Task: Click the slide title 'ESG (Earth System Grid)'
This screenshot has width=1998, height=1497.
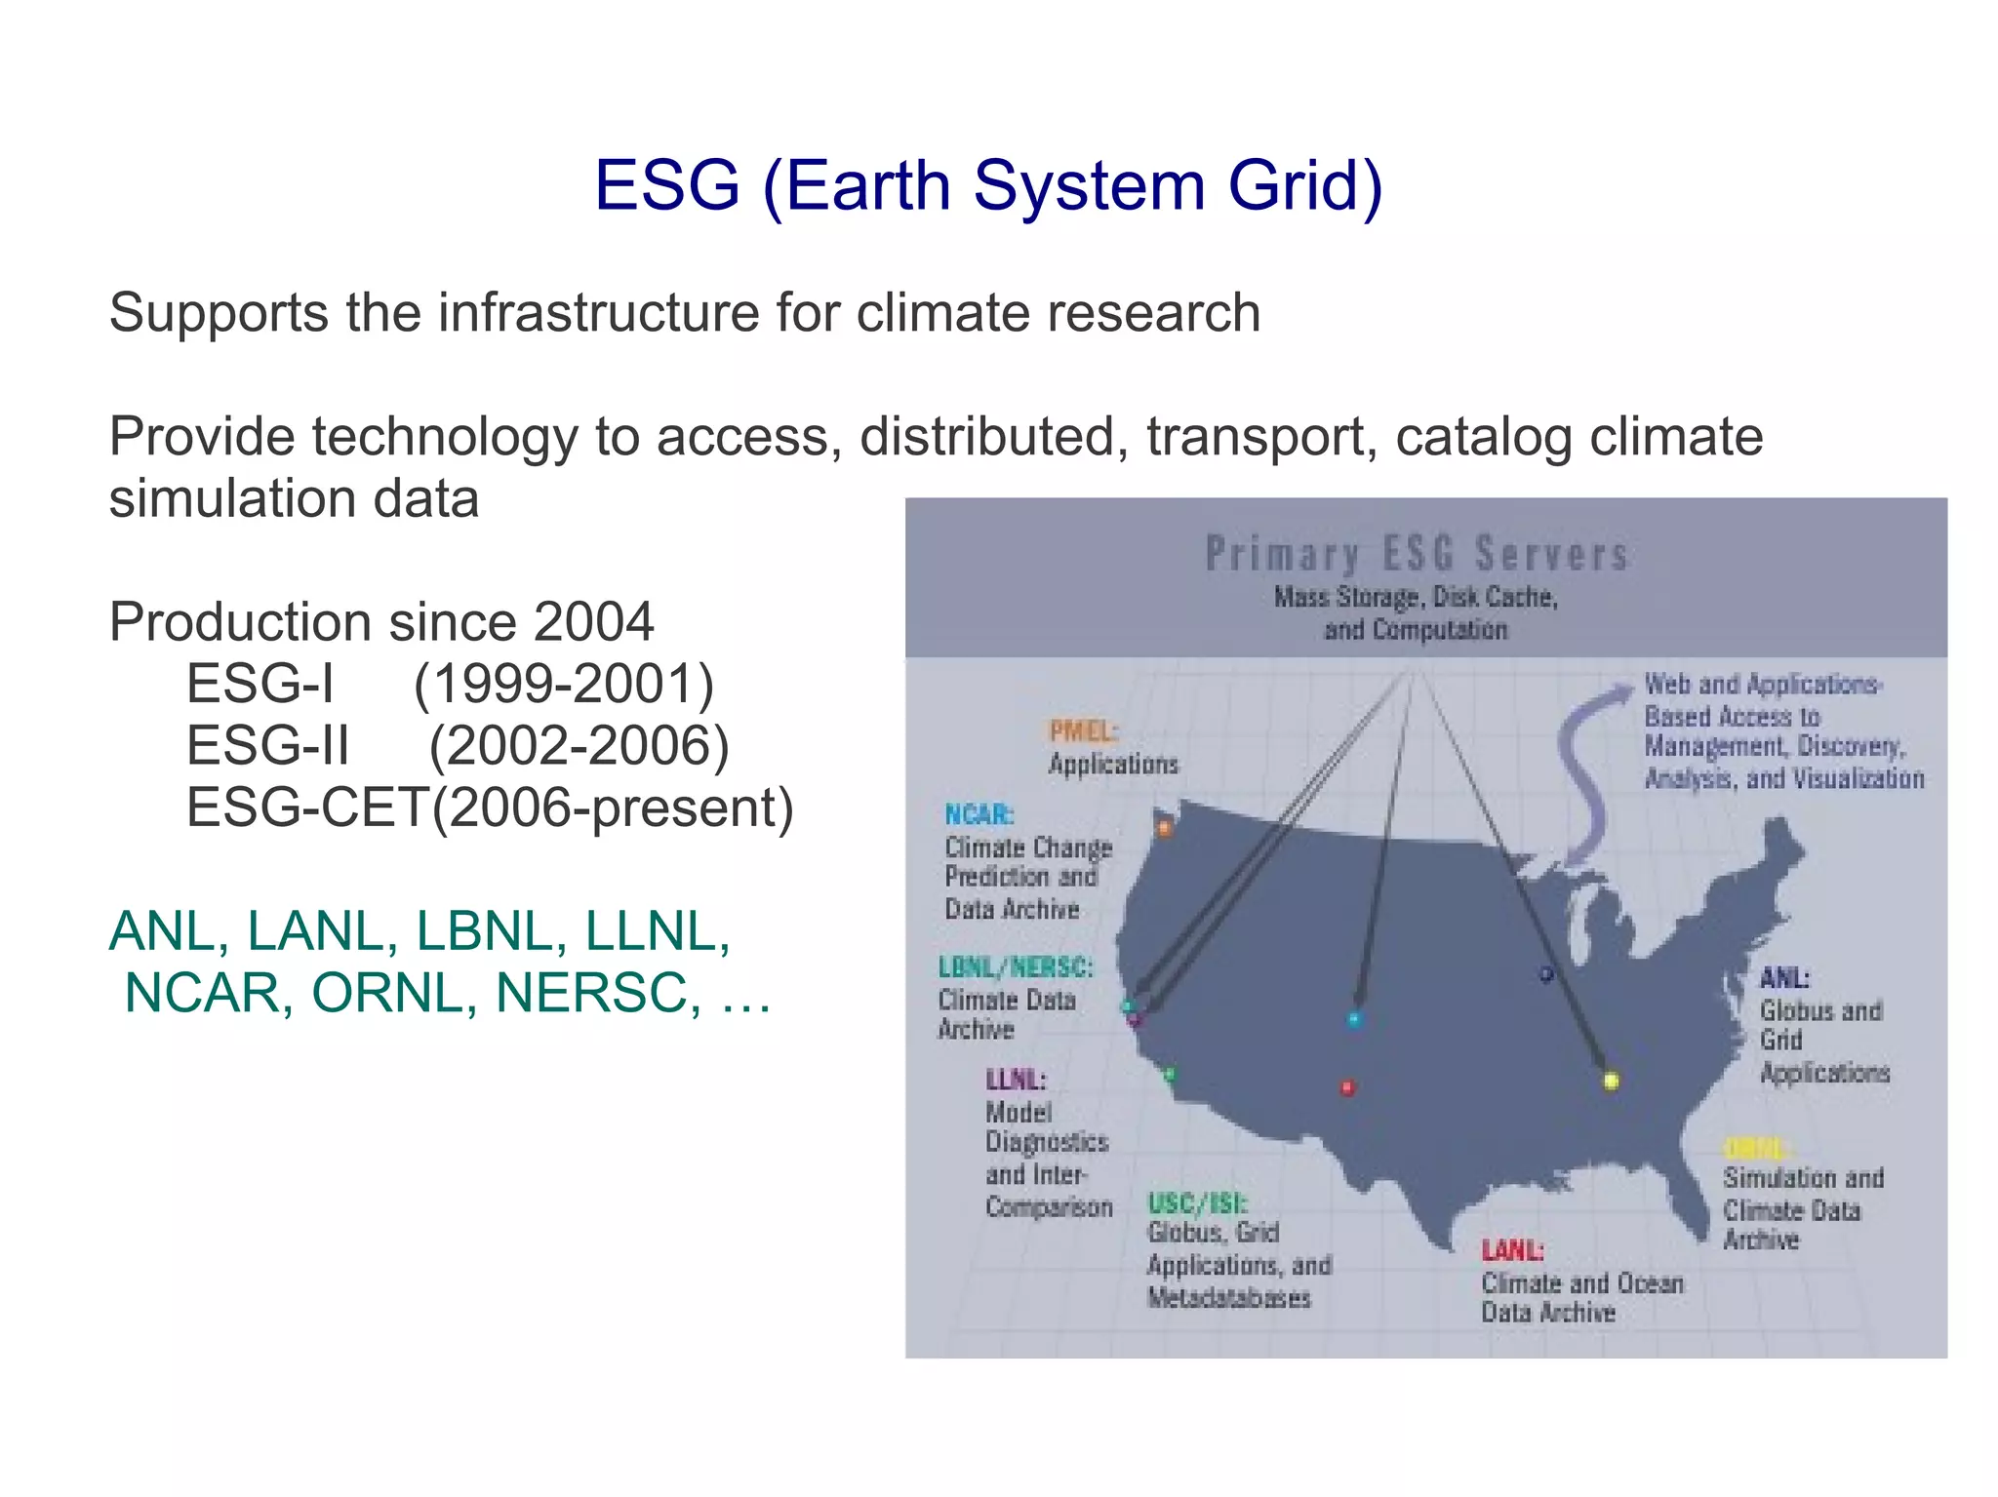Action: tap(988, 185)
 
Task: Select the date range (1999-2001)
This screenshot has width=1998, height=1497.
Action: tap(564, 684)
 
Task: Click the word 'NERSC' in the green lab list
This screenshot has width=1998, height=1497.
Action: tap(598, 993)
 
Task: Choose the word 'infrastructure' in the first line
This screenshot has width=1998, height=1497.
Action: tap(597, 313)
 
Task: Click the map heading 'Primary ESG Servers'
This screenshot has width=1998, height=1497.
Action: tap(1417, 554)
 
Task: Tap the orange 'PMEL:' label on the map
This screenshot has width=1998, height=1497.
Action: tap(1083, 731)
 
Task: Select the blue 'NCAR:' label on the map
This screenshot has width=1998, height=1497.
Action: tap(979, 814)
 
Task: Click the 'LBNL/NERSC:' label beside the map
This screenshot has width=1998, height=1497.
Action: tap(1015, 967)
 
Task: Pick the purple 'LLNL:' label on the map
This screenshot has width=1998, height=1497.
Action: tap(1015, 1080)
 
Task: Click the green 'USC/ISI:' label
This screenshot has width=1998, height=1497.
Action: tap(1197, 1202)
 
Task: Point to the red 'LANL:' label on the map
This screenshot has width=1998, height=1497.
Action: tap(1512, 1250)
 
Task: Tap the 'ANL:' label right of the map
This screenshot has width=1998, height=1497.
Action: tap(1784, 978)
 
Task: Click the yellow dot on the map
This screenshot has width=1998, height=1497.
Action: tap(1611, 1081)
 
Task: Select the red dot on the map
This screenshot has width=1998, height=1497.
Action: tap(1347, 1087)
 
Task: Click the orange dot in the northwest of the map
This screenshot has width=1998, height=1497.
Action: tap(1164, 829)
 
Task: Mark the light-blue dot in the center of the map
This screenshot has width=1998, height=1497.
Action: tap(1353, 1020)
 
